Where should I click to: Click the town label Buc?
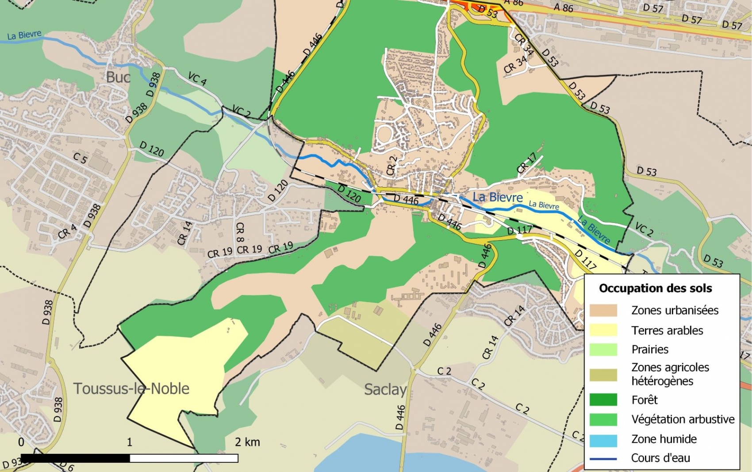pos(118,77)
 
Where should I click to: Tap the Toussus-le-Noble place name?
pos(131,388)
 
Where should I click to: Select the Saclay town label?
pos(385,389)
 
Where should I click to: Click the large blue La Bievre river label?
pos(498,197)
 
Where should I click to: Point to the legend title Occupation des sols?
pos(655,288)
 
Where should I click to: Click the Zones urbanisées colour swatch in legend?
pos(603,310)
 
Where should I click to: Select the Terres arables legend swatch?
pos(603,330)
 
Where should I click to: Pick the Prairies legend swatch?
pos(603,349)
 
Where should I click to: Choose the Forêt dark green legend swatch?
pos(603,400)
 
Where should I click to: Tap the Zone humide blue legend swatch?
pos(603,439)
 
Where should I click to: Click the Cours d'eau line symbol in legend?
pos(603,459)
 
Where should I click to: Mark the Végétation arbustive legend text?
pos(683,419)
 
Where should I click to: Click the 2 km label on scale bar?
pos(247,442)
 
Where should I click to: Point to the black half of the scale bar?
pos(75,458)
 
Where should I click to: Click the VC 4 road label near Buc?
pos(197,79)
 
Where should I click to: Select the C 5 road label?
pos(80,158)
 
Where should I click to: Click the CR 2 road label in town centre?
pos(391,165)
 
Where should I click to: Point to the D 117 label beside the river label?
pos(519,230)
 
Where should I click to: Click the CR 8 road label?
pos(240,232)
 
